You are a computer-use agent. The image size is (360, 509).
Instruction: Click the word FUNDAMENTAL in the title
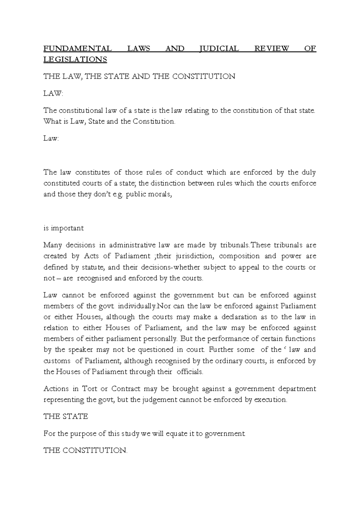[x=77, y=49]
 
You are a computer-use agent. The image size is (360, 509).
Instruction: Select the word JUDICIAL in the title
[x=219, y=49]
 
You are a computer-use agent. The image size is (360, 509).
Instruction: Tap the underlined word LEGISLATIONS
[x=75, y=60]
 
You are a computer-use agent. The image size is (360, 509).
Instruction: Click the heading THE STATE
[x=66, y=417]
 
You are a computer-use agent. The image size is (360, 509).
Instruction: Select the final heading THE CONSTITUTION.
[x=85, y=450]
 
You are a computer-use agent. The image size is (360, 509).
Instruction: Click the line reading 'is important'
[x=64, y=228]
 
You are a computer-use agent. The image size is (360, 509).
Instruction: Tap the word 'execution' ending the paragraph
[x=270, y=400]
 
